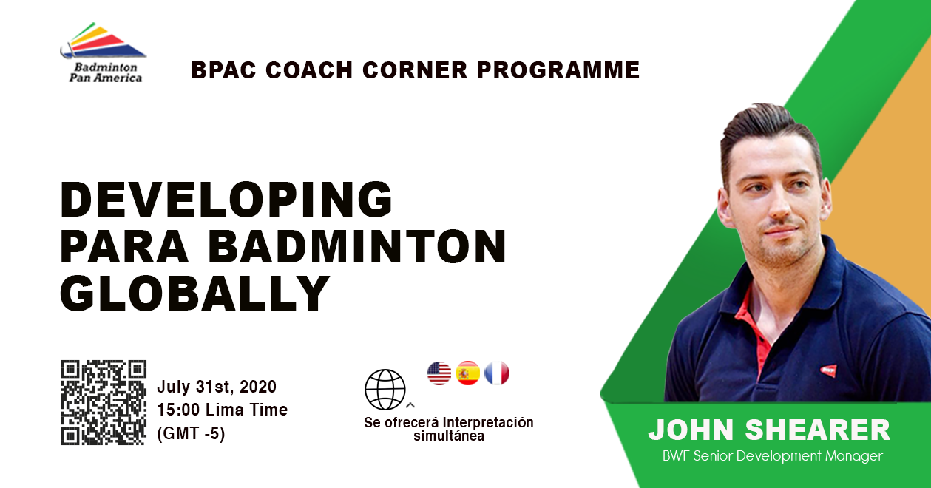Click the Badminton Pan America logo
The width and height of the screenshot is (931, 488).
103,52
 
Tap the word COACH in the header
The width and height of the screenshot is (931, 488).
309,70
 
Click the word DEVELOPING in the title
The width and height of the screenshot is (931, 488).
226,199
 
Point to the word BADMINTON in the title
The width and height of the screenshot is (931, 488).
357,246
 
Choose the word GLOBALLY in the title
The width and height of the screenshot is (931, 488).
195,293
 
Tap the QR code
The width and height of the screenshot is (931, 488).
104,402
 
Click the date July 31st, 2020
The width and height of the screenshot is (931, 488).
217,387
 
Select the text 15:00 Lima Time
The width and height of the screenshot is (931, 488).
223,410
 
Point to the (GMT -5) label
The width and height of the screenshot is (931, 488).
192,433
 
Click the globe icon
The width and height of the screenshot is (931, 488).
385,390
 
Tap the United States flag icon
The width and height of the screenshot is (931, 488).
439,373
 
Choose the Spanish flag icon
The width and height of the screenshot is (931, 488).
468,373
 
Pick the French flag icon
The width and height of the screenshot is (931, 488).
497,373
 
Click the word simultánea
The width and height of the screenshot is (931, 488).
449,436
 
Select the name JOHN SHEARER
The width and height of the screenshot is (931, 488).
769,430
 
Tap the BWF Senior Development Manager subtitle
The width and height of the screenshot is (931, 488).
773,456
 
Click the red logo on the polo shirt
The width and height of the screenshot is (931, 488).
828,370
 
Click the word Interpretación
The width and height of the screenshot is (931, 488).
487,423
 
